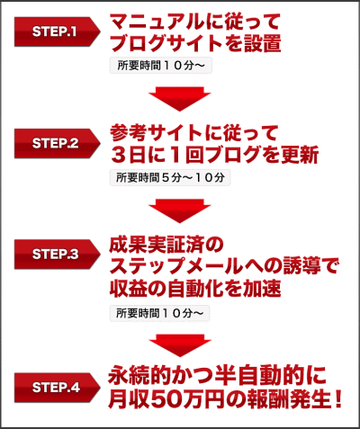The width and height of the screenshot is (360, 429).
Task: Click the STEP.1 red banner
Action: [57, 31]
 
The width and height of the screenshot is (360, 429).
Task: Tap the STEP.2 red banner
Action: [57, 143]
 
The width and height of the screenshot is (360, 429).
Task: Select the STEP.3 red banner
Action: [57, 255]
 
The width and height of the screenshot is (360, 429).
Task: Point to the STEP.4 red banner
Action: [57, 388]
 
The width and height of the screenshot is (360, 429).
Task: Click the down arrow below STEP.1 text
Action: [180, 99]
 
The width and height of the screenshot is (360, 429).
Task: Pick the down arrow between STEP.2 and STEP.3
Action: [180, 210]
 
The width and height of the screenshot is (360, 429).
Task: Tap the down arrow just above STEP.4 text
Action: [180, 345]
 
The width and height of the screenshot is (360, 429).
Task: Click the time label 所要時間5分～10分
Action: [170, 177]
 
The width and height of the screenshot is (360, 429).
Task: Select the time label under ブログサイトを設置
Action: [161, 66]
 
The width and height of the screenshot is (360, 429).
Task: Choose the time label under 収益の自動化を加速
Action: [159, 313]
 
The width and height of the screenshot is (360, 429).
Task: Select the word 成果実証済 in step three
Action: [157, 245]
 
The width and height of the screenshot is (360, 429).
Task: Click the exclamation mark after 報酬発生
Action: [338, 399]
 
